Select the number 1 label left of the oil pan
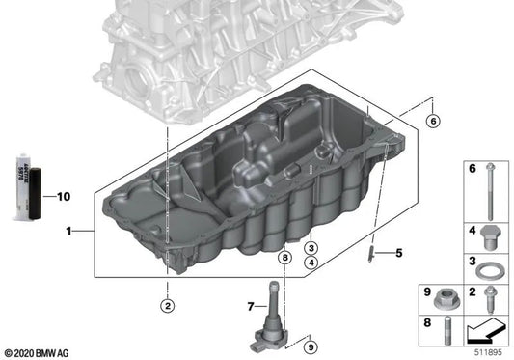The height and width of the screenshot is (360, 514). coord(68,232)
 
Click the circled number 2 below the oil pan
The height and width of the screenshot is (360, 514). coord(167,307)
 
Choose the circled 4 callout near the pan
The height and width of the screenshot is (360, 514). coord(311,263)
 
